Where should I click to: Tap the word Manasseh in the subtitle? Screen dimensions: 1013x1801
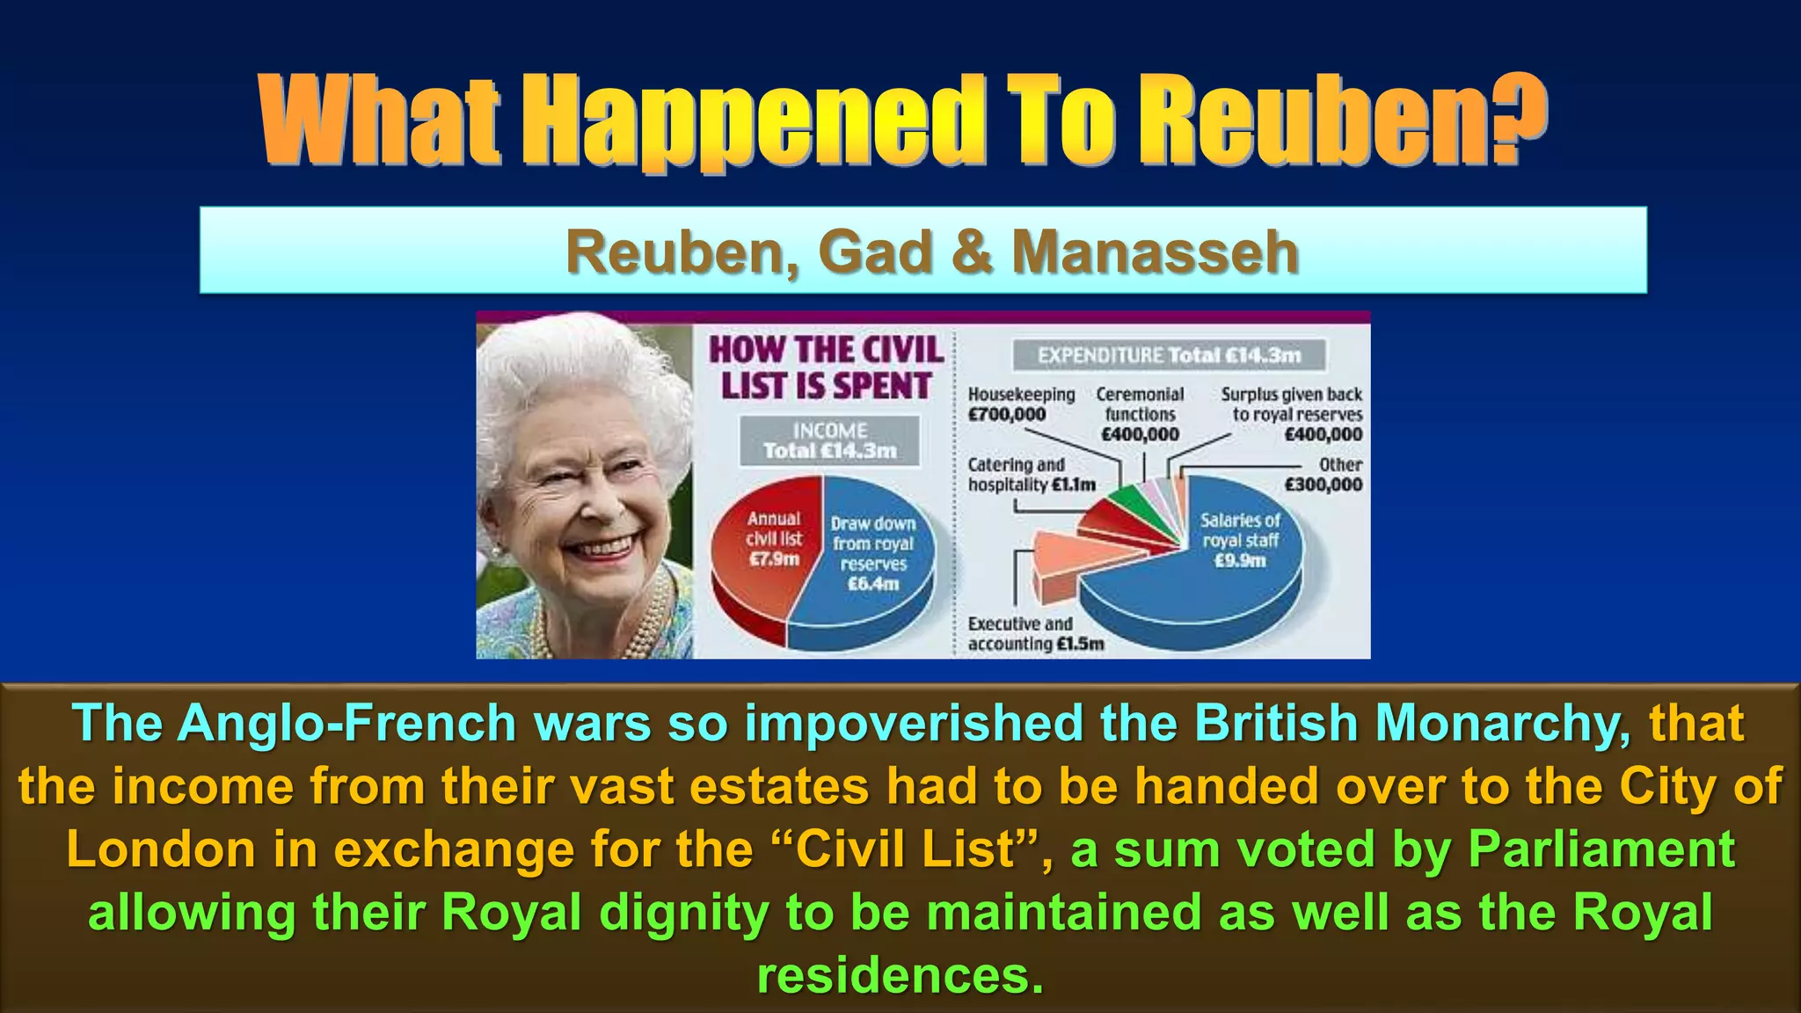coord(1155,252)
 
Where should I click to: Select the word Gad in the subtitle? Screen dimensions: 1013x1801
coord(875,252)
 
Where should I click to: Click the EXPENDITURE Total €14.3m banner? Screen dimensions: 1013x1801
coord(1169,355)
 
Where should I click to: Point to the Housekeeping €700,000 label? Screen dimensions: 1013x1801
coord(1020,404)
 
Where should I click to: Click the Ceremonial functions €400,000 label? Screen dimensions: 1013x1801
coord(1141,414)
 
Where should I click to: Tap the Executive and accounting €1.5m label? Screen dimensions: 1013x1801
coord(1035,634)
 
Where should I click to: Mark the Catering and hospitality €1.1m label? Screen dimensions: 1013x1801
coord(1031,475)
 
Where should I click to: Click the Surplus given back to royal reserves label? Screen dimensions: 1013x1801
coord(1292,414)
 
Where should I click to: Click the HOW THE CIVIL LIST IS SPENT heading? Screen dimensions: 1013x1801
coord(826,368)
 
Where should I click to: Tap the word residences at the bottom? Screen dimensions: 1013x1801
coord(900,975)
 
